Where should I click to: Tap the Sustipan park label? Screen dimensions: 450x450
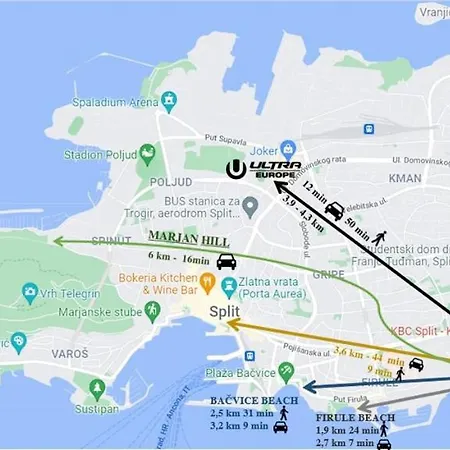97,409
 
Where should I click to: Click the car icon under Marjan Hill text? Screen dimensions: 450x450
227,262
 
